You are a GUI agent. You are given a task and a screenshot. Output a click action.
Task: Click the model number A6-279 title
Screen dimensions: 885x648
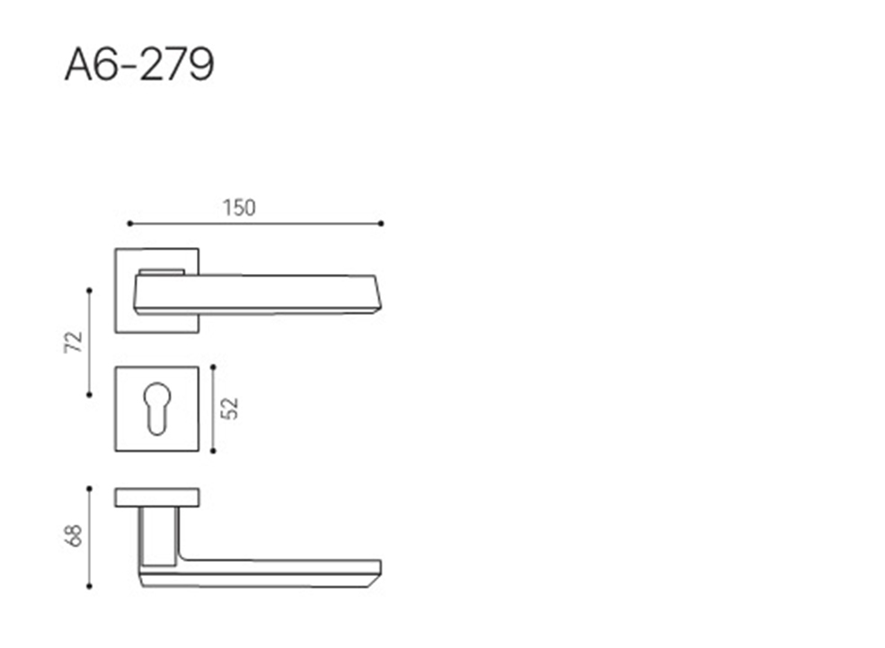pos(139,65)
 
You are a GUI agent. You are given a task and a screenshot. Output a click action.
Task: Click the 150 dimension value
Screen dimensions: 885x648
pos(239,209)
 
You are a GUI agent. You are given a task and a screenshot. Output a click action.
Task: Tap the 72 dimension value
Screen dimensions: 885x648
pos(74,342)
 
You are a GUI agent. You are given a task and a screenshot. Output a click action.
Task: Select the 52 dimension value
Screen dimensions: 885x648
pos(230,409)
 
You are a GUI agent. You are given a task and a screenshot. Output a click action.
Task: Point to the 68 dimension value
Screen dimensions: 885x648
pos(74,537)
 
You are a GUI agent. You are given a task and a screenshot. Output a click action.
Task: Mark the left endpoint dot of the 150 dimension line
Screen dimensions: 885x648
pos(129,224)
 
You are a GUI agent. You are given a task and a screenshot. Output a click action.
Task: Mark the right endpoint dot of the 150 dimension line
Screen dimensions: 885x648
pos(381,224)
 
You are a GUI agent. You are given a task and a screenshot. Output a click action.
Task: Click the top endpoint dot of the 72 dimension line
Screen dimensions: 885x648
pos(89,290)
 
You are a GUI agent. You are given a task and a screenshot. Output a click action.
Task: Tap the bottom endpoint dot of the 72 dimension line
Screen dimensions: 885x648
pos(89,395)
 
